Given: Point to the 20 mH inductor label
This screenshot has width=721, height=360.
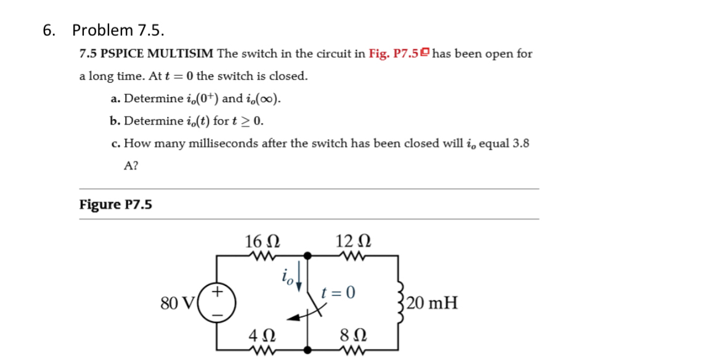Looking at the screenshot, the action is pyautogui.click(x=432, y=303).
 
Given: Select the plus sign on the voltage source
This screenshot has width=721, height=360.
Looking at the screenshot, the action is pyautogui.click(x=218, y=289).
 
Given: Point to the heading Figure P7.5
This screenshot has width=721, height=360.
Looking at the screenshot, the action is pyautogui.click(x=116, y=204).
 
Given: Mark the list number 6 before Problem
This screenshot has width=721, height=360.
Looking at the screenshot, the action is pyautogui.click(x=48, y=30).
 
